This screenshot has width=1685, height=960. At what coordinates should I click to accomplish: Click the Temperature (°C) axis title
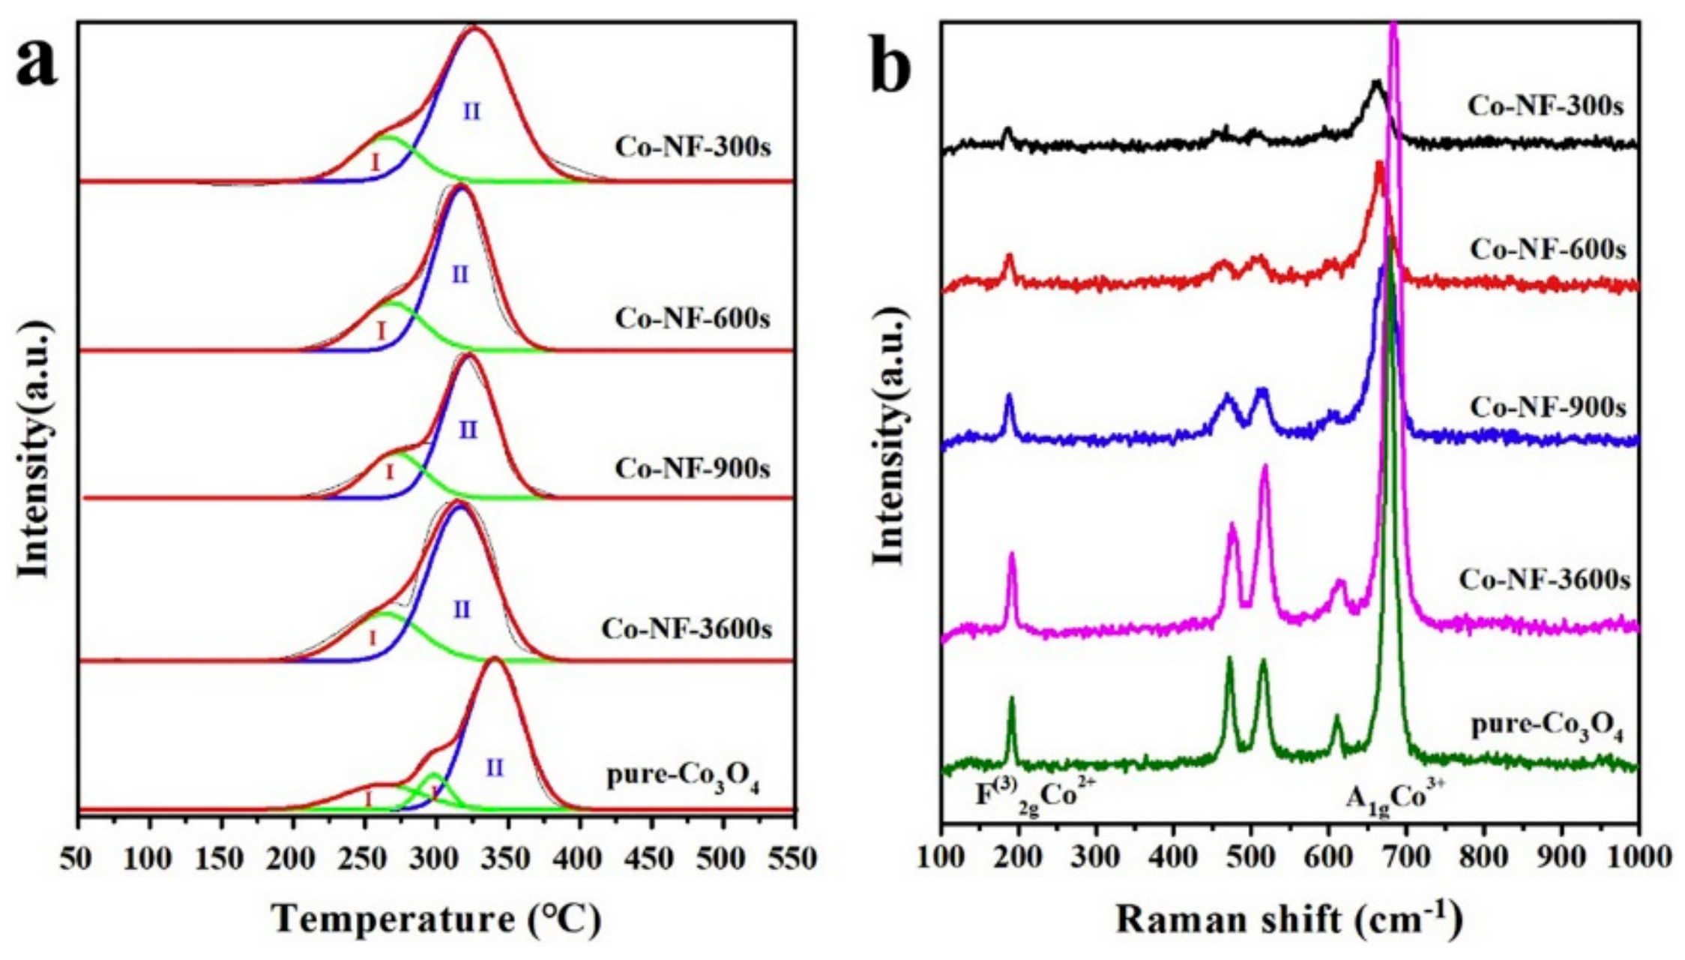(x=437, y=919)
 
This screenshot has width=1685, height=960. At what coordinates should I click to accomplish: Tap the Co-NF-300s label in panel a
(x=693, y=146)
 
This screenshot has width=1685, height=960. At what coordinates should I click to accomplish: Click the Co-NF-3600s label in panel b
(x=1544, y=580)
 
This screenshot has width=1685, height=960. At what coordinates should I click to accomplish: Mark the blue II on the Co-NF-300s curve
(x=471, y=112)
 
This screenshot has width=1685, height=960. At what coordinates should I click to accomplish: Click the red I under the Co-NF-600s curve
(x=381, y=330)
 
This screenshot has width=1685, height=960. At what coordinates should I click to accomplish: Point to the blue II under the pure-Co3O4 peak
(x=495, y=767)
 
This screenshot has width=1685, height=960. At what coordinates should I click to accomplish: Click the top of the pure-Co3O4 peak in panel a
(x=494, y=660)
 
